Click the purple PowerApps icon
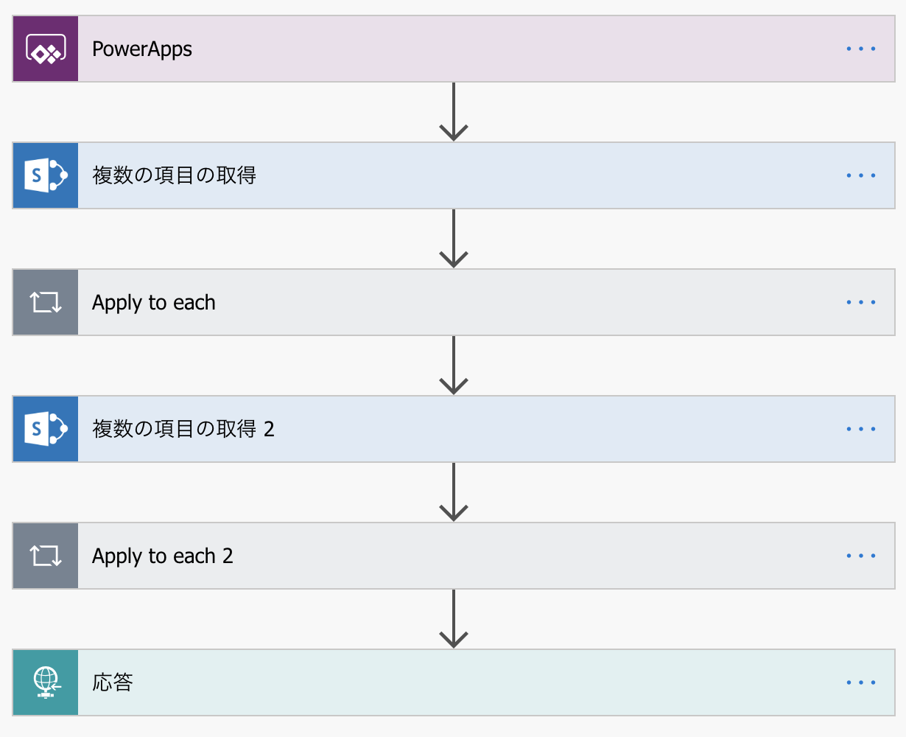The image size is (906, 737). pos(46,49)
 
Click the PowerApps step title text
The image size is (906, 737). pos(142,49)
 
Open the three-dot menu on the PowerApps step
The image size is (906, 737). pos(860,49)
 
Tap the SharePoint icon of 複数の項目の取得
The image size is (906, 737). pos(46,175)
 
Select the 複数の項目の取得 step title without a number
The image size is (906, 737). pos(174,175)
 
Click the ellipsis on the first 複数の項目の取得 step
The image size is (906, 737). pos(860,175)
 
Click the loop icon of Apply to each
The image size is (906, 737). pos(46,302)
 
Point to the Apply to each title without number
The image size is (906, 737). pos(153,303)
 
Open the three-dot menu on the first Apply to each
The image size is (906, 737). pos(860,302)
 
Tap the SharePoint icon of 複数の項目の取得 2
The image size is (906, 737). pos(46,429)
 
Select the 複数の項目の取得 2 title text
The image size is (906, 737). pos(183,429)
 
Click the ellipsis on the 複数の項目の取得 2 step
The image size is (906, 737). pos(860,429)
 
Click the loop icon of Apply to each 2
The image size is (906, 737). pos(46,556)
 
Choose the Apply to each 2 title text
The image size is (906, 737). pos(162,556)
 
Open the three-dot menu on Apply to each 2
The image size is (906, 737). pos(860,556)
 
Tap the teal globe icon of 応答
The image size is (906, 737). pos(46,682)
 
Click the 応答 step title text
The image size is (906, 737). pos(113,682)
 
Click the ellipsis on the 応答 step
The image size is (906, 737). pos(860,682)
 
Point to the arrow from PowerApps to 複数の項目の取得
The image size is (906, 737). pos(454,112)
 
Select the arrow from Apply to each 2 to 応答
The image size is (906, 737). pos(454,619)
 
